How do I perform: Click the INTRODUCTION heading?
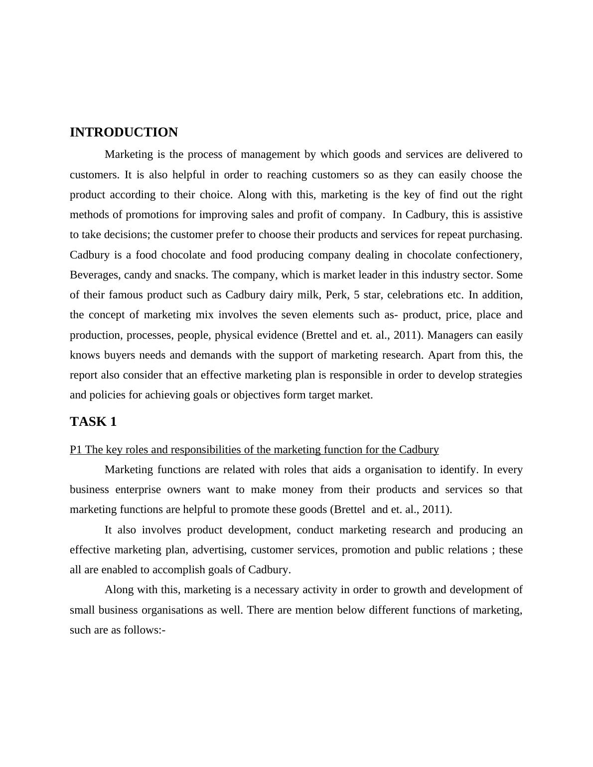click(124, 132)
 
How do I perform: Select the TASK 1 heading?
click(93, 422)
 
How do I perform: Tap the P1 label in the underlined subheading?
click(76, 450)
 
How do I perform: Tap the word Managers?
click(450, 335)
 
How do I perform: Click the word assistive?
click(500, 215)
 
